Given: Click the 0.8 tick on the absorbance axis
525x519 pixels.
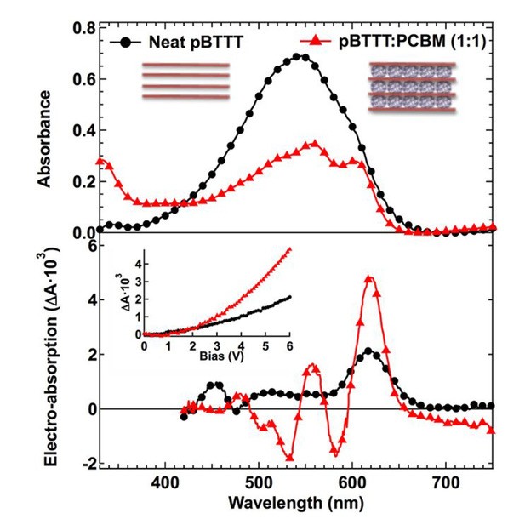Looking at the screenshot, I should click(83, 28).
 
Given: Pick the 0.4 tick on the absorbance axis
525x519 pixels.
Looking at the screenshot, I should click(83, 130).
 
